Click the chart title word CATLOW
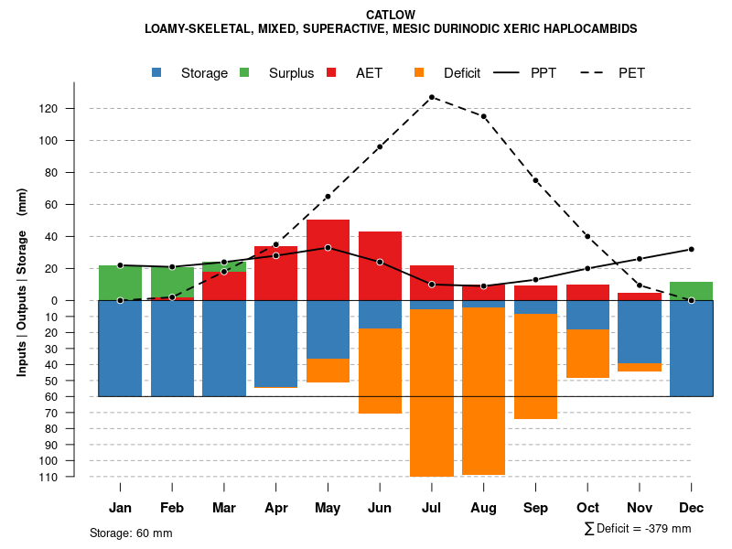[x=390, y=15]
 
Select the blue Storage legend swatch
[x=157, y=72]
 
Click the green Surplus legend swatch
[x=244, y=72]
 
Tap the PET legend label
[x=631, y=72]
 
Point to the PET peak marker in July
[x=431, y=97]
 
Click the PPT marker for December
[x=692, y=249]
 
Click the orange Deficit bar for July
[x=431, y=393]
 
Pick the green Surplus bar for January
[x=120, y=283]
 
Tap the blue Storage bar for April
[x=275, y=344]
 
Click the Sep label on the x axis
[x=535, y=508]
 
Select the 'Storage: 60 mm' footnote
[x=131, y=533]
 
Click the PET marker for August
[x=483, y=116]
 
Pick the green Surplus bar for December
[x=692, y=291]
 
